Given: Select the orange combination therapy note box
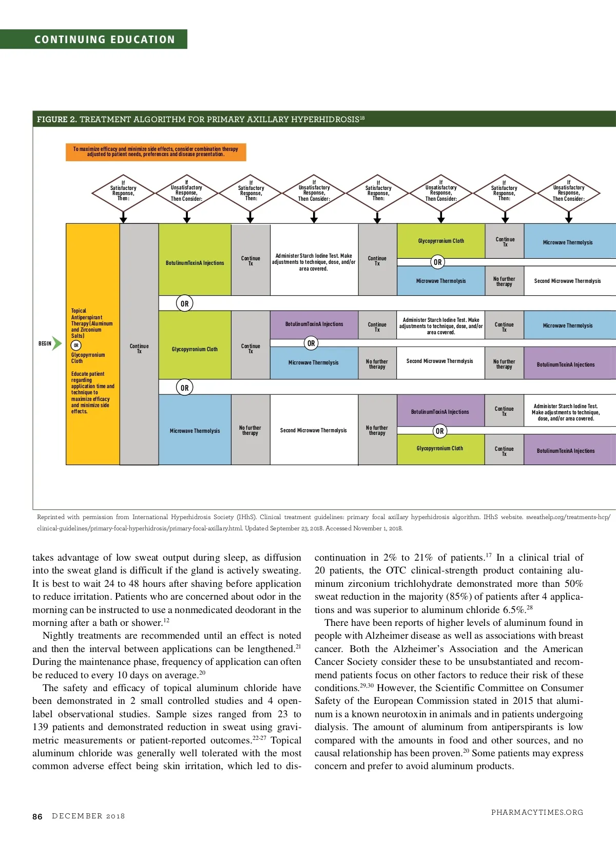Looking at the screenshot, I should pos(156,152).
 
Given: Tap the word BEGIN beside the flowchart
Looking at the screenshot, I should pos(45,343).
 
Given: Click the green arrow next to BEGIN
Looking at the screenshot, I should pos(57,343).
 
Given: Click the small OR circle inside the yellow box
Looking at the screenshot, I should pos(76,346).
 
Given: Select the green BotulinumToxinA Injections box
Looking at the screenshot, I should pos(195,263).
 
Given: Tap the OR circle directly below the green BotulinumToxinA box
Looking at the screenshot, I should pos(185,303).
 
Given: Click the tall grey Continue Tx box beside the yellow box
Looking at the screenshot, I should pos(139,344).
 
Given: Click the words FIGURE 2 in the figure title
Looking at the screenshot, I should pos(56,120).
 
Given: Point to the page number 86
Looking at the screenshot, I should pos(37,816).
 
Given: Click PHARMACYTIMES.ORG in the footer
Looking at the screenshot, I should pos(537,812).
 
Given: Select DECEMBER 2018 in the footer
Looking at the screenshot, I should pos(88,816).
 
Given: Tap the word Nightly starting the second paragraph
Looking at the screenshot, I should pos(58,636).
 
